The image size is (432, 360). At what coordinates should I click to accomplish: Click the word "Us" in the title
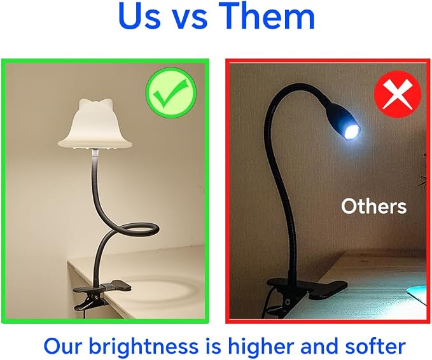(x=139, y=16)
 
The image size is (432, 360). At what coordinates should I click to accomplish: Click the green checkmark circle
(x=171, y=93)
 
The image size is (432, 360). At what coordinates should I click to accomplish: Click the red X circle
(x=398, y=94)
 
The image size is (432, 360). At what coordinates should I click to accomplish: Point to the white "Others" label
(x=374, y=206)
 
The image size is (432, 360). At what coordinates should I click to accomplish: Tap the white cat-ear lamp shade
(x=95, y=125)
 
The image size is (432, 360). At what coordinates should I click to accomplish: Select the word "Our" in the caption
(x=64, y=346)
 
